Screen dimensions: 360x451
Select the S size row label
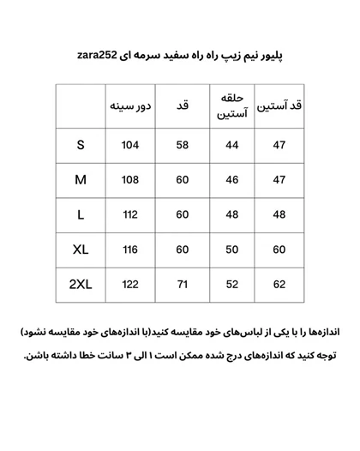click(x=81, y=145)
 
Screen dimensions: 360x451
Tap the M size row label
click(x=81, y=180)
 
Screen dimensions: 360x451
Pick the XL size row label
click(x=81, y=249)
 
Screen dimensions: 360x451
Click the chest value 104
click(x=130, y=145)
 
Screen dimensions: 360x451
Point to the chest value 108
click(x=130, y=180)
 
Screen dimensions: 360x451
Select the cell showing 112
click(x=130, y=214)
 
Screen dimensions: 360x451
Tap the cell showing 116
click(x=130, y=249)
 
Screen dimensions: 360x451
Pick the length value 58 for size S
click(x=183, y=145)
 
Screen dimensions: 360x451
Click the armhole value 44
click(x=231, y=145)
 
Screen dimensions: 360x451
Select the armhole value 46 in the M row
click(x=231, y=180)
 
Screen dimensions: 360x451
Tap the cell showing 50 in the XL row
click(x=231, y=249)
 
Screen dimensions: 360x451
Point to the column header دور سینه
click(x=130, y=106)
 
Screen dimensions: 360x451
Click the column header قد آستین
click(x=279, y=106)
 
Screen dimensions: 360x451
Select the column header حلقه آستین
click(x=231, y=105)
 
